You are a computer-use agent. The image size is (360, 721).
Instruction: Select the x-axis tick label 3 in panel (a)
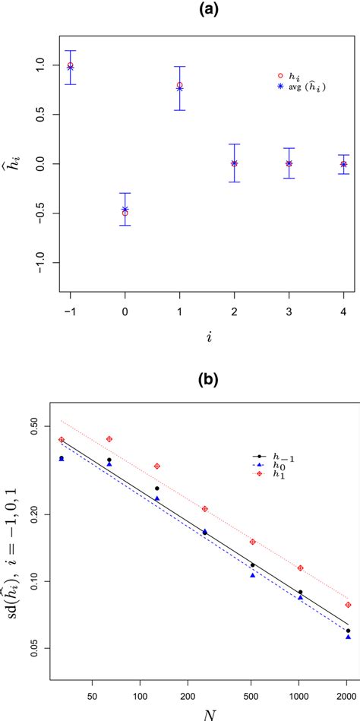289,312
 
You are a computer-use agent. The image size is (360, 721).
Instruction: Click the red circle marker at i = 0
125,213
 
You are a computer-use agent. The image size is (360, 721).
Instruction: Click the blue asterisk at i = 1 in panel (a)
179,88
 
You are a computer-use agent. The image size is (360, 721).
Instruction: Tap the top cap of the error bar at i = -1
70,51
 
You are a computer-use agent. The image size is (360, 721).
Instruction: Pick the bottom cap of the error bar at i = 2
234,182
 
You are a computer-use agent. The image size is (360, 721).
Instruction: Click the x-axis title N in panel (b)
207,713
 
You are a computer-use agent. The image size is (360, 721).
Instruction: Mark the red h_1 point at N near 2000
348,605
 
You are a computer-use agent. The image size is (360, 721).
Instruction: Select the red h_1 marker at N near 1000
300,568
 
